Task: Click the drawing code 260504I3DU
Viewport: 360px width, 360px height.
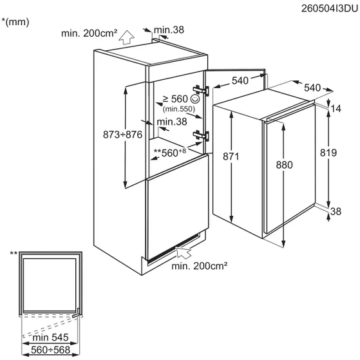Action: click(330, 9)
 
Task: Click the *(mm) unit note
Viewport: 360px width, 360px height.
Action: click(15, 22)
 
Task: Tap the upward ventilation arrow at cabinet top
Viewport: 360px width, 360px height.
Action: click(126, 37)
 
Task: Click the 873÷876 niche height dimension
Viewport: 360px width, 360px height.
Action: click(122, 135)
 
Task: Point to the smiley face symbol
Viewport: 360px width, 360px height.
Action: click(195, 99)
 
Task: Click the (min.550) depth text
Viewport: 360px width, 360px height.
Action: click(179, 109)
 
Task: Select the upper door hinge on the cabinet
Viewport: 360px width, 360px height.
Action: click(201, 90)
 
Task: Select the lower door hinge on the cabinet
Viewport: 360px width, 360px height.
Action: click(201, 135)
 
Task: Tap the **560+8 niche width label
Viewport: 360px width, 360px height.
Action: click(169, 153)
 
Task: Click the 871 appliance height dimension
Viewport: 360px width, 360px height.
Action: click(231, 156)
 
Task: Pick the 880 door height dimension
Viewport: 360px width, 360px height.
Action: click(284, 165)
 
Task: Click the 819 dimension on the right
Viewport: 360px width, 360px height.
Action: click(328, 153)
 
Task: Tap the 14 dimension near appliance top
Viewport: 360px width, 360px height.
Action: click(336, 109)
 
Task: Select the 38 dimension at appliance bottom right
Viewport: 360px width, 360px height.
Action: click(336, 211)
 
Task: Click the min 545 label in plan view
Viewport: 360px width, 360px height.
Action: click(50, 337)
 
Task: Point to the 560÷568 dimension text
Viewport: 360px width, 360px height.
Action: click(50, 350)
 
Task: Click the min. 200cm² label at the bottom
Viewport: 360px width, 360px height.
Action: click(200, 266)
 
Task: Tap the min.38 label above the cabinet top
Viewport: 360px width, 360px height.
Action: click(169, 30)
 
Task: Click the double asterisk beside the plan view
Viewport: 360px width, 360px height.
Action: click(14, 254)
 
